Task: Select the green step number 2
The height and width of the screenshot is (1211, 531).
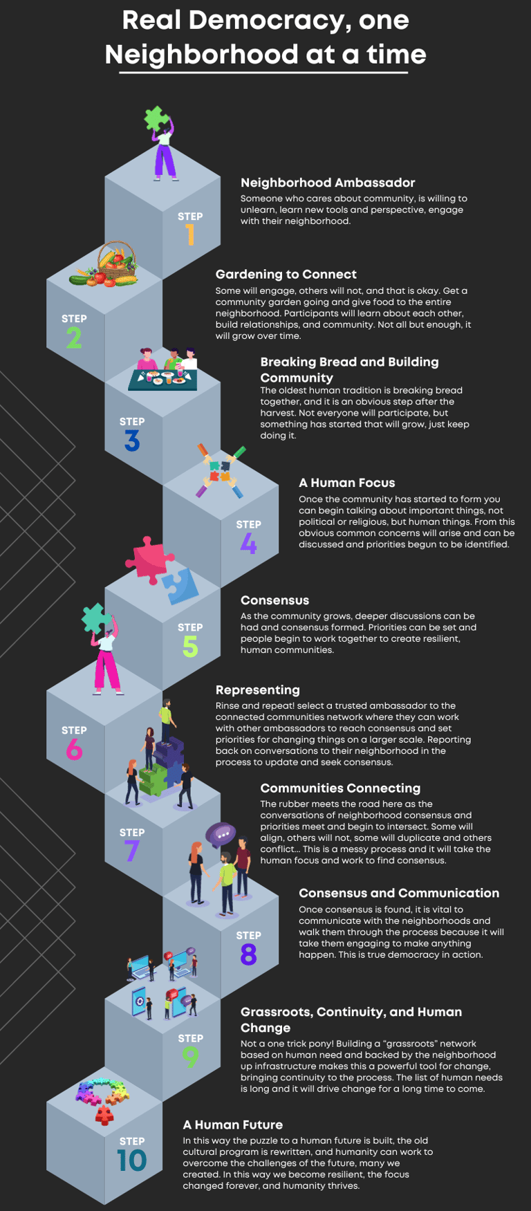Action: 74,338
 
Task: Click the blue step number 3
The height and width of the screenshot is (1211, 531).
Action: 132,441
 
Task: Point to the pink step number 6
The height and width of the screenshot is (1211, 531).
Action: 74,750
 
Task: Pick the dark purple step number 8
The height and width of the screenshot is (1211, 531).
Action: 248,955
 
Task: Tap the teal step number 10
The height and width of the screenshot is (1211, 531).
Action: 132,1161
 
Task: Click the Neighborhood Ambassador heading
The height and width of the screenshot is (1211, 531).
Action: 328,183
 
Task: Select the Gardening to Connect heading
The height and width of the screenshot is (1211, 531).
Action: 286,274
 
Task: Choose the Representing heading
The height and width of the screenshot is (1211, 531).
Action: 257,690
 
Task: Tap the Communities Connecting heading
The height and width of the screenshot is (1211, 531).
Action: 340,788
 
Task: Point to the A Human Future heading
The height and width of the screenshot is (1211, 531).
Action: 232,1125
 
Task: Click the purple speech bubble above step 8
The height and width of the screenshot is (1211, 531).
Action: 221,834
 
